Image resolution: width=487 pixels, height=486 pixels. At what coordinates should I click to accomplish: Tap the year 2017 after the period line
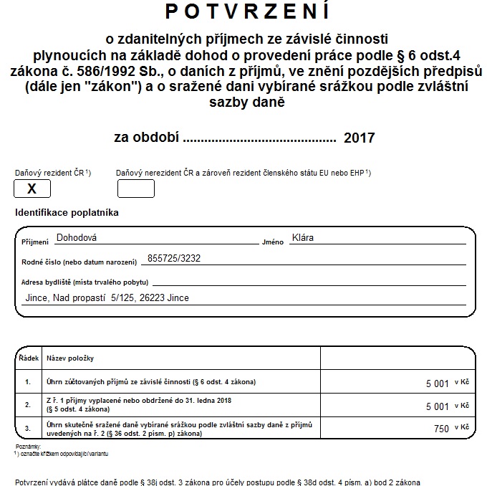click(x=359, y=137)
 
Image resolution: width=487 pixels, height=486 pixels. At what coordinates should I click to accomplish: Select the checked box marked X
click(x=32, y=189)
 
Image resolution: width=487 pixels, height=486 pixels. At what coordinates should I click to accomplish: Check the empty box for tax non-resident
click(x=136, y=189)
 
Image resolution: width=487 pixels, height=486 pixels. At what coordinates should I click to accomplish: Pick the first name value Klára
click(x=303, y=238)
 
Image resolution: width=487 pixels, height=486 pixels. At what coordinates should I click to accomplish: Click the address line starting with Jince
click(x=107, y=297)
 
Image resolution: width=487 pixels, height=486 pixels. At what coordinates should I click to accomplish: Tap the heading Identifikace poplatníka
click(x=67, y=213)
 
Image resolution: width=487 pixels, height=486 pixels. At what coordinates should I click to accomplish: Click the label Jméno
click(x=273, y=242)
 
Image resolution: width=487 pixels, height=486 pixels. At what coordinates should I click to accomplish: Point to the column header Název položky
click(x=70, y=358)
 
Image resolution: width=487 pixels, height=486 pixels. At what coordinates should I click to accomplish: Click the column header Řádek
click(x=28, y=358)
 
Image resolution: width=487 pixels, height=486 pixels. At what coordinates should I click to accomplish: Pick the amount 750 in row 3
click(x=441, y=429)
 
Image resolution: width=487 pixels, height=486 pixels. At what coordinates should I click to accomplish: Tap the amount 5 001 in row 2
click(x=437, y=406)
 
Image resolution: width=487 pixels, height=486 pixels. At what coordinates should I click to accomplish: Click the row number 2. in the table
click(x=28, y=405)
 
